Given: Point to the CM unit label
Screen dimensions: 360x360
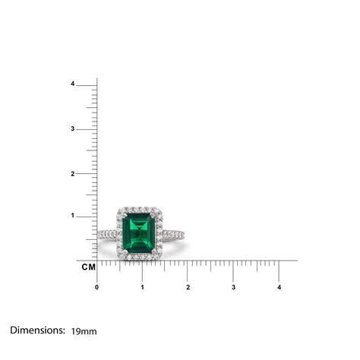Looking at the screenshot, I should [87, 267].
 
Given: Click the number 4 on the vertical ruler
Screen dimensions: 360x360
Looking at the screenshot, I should [93, 84].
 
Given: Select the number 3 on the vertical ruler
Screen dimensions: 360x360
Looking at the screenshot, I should [93, 129].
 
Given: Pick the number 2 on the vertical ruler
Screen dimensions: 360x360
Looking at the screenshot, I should [93, 173].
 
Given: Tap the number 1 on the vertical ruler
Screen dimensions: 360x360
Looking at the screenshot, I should [93, 216].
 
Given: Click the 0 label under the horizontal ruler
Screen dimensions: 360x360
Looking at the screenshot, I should [96, 287].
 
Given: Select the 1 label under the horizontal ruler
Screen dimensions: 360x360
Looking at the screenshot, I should [142, 287].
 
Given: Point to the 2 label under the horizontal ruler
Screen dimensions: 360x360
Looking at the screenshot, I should [188, 287].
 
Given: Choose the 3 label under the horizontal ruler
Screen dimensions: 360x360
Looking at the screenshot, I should [233, 287].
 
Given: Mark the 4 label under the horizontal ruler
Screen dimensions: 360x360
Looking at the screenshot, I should [279, 287].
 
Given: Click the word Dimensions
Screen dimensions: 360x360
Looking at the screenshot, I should [37, 330].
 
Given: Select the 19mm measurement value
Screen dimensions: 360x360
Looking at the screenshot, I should [84, 331].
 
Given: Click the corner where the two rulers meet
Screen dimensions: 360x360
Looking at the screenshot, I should [97, 260].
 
